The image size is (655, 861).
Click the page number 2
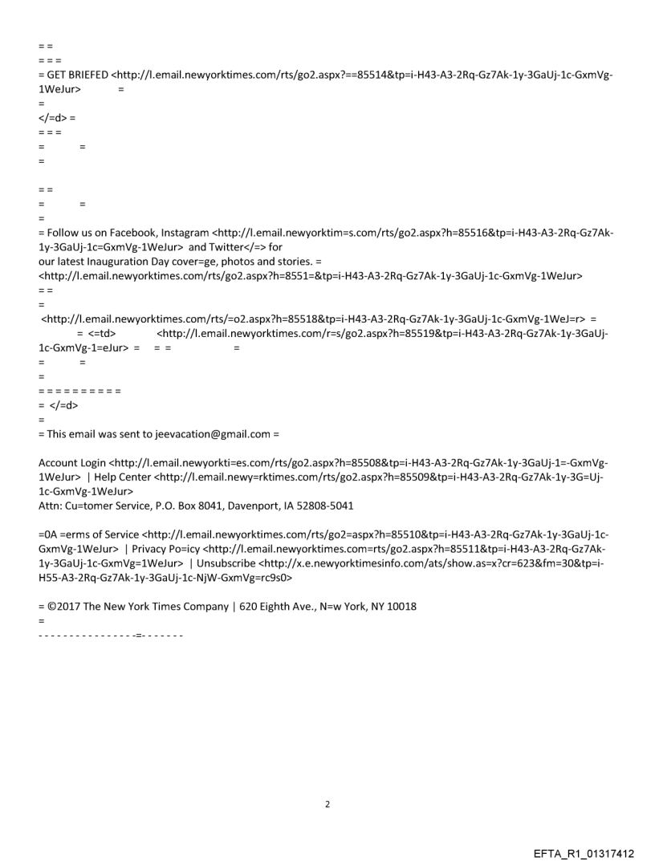coord(327,804)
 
